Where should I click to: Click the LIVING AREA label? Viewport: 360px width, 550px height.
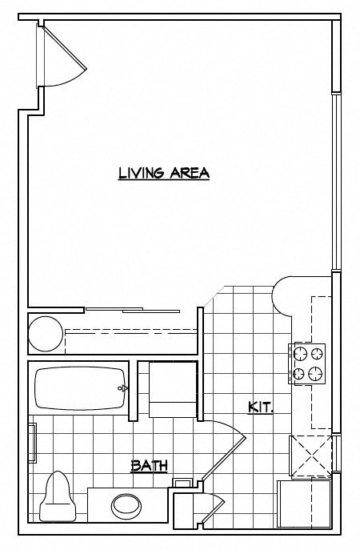(x=163, y=173)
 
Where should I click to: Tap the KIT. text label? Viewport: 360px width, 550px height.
(x=261, y=407)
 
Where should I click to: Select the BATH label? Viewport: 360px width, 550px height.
(x=148, y=465)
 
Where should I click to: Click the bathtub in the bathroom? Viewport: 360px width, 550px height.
(x=80, y=388)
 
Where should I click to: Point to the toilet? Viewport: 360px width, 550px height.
(x=58, y=493)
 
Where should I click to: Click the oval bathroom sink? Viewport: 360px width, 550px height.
(x=126, y=505)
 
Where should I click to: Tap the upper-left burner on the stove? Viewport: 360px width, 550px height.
(x=301, y=352)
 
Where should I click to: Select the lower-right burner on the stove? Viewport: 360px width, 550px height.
(x=316, y=372)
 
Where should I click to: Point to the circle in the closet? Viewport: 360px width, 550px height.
(x=45, y=334)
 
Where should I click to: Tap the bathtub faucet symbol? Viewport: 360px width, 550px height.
(x=122, y=388)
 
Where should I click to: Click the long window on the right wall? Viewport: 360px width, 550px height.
(x=336, y=184)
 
